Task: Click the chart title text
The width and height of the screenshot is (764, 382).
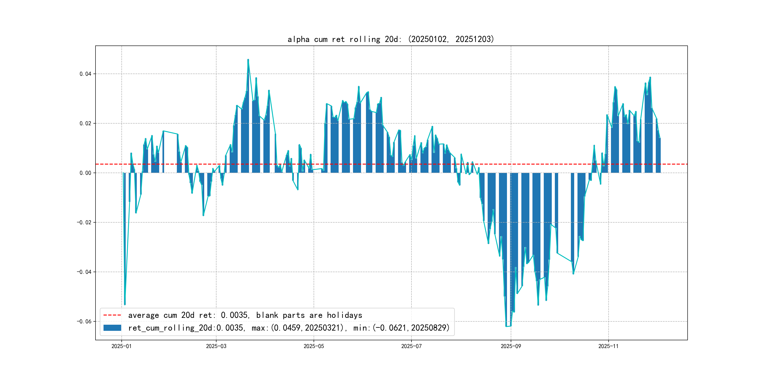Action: coord(390,39)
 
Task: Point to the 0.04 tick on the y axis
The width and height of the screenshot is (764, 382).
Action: coord(85,74)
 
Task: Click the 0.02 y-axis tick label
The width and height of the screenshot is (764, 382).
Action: coord(85,123)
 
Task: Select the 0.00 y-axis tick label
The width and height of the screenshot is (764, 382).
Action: coord(85,173)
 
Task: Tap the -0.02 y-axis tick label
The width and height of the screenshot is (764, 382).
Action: coord(84,222)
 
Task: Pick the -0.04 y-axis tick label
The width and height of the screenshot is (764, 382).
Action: coord(84,272)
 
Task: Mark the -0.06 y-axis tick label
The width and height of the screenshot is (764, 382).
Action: coord(84,321)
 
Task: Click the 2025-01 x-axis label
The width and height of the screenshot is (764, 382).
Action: coord(121,346)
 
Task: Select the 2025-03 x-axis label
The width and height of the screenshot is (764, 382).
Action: coord(216,346)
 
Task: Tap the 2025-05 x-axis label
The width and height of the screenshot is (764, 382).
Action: coord(314,346)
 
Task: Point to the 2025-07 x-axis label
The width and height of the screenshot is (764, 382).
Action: coord(411,346)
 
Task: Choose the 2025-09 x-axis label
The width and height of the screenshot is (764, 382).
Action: coord(511,346)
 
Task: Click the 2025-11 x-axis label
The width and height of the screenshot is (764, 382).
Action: coord(608,346)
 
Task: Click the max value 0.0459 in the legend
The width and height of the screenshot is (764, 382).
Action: coord(287,328)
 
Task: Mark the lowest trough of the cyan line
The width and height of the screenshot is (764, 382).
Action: coord(506,326)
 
